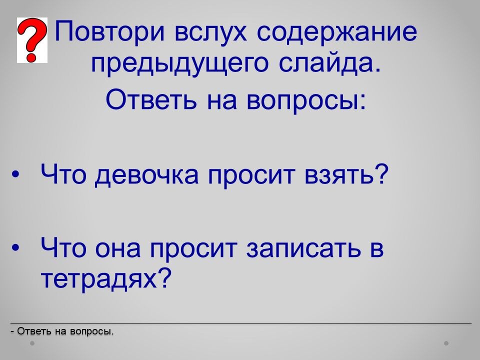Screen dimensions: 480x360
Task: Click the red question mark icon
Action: click(32, 40)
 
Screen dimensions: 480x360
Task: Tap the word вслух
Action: click(210, 31)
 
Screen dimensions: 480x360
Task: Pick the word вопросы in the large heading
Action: click(306, 100)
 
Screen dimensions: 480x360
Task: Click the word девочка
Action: click(147, 175)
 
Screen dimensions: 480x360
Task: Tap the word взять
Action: click(346, 174)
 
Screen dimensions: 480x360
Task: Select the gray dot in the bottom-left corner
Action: click(32, 343)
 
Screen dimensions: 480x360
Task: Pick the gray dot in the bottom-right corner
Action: click(446, 343)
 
